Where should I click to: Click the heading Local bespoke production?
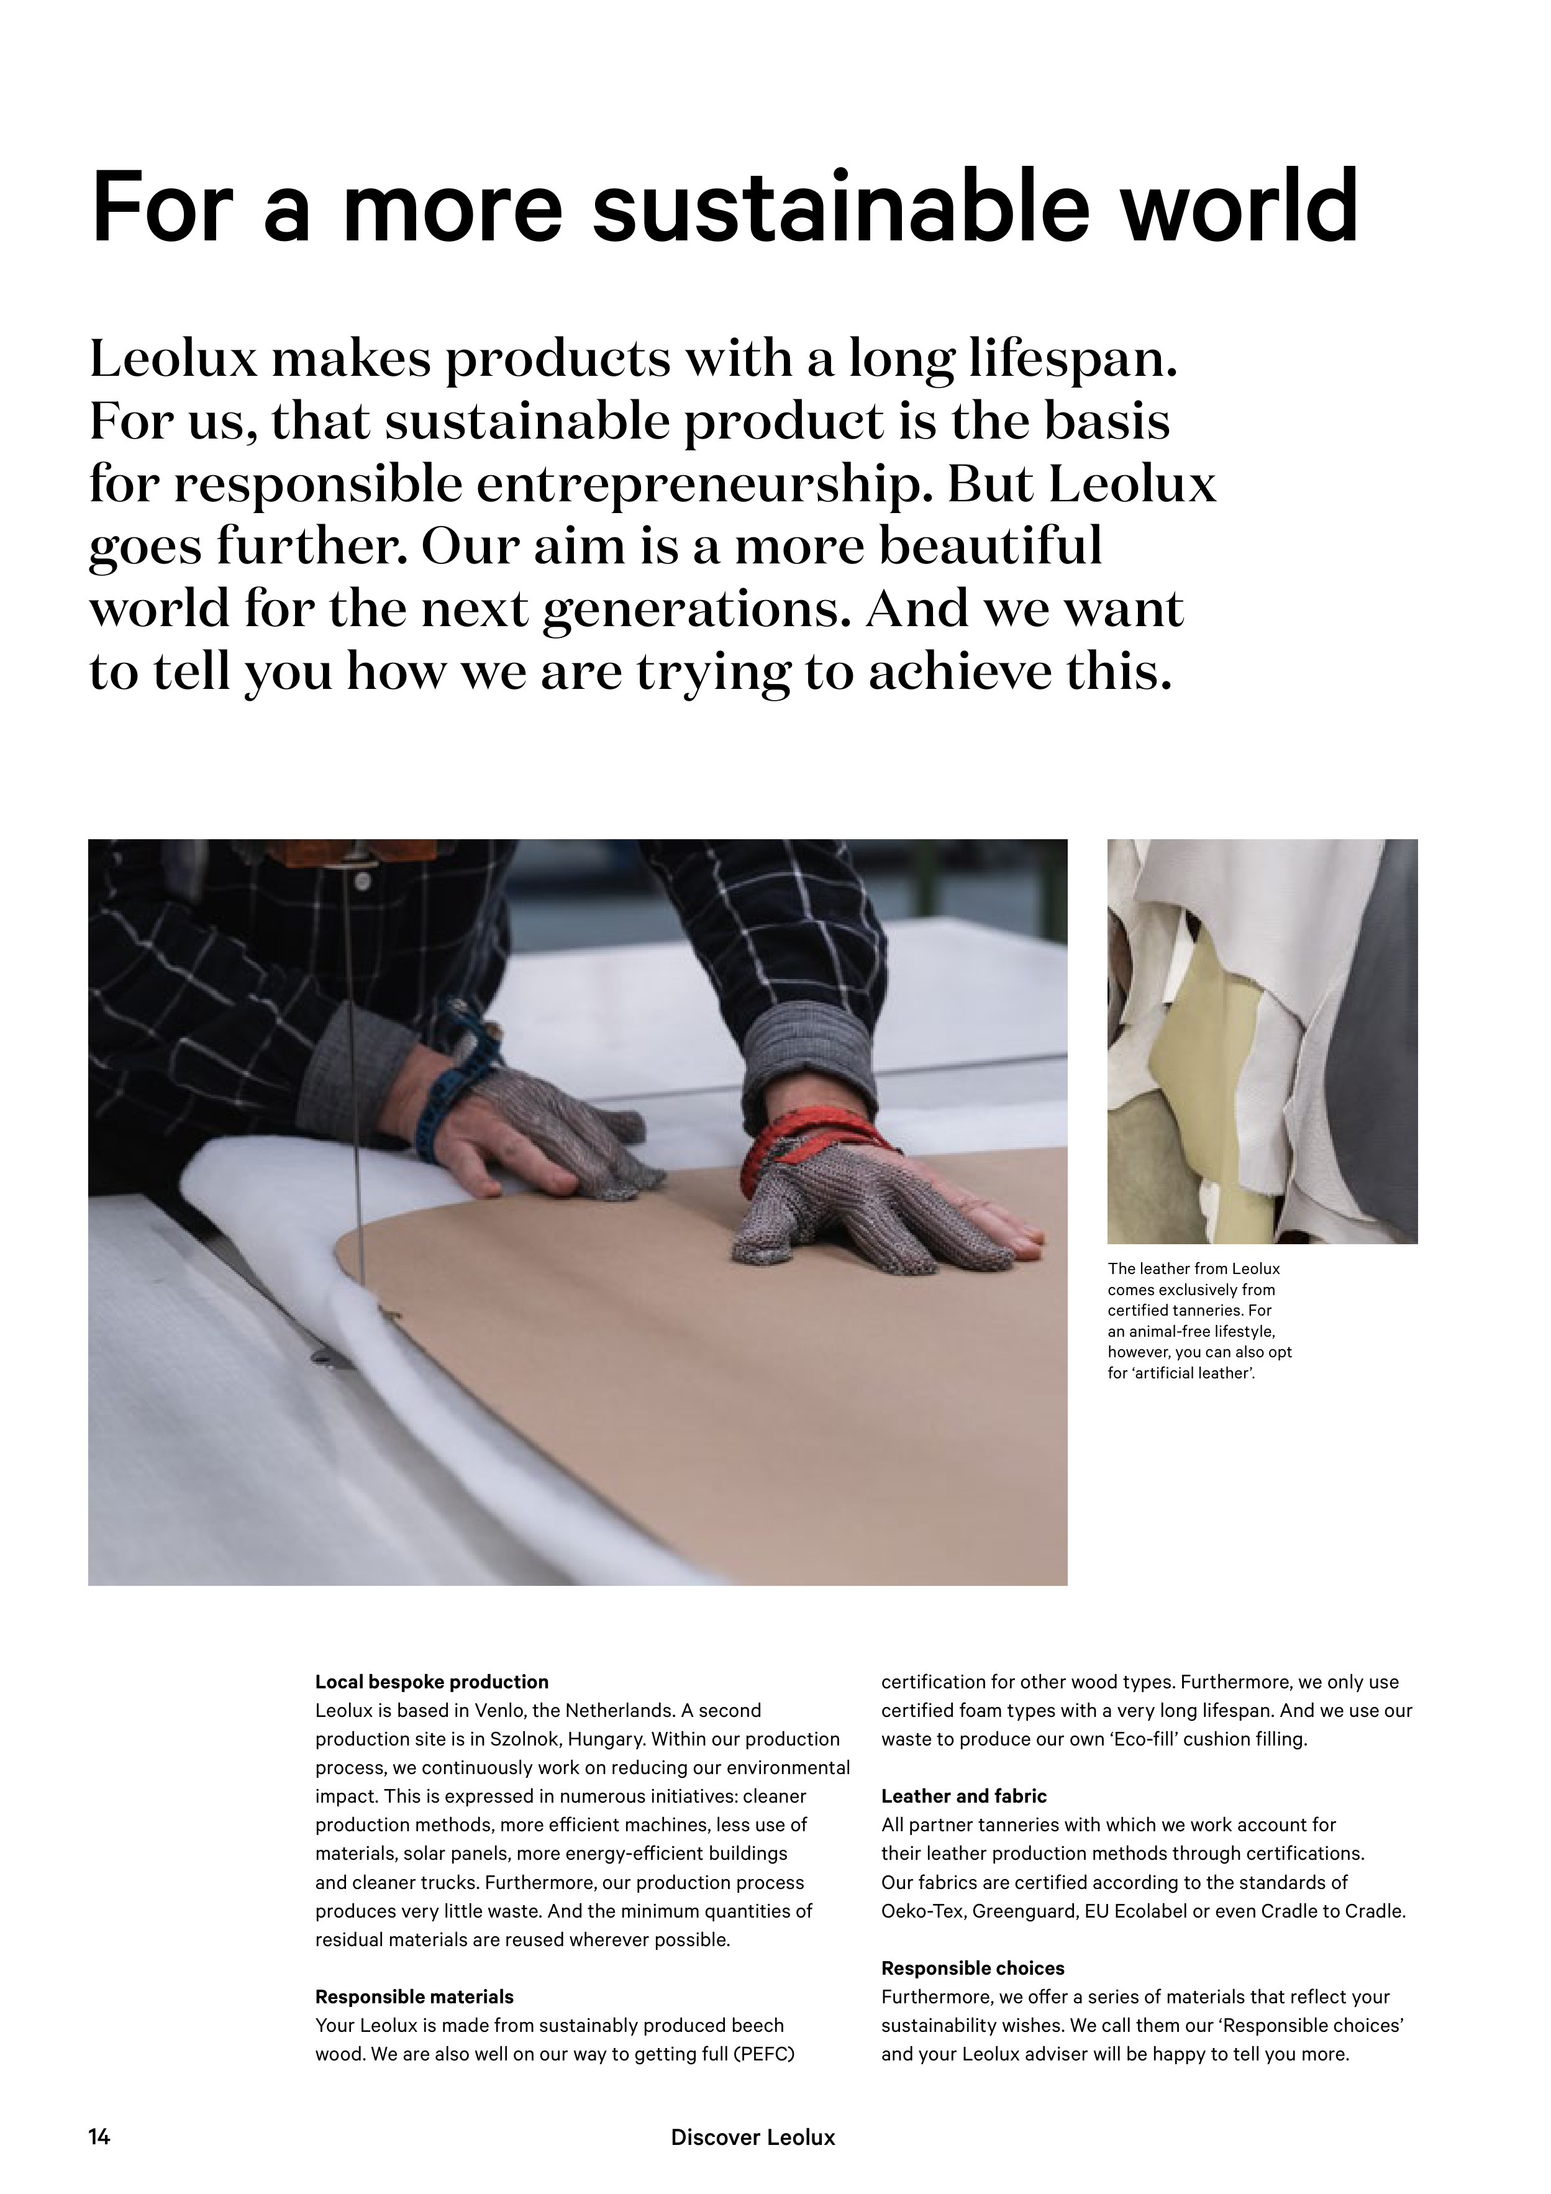[x=432, y=1681]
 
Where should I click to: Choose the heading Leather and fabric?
[x=963, y=1796]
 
